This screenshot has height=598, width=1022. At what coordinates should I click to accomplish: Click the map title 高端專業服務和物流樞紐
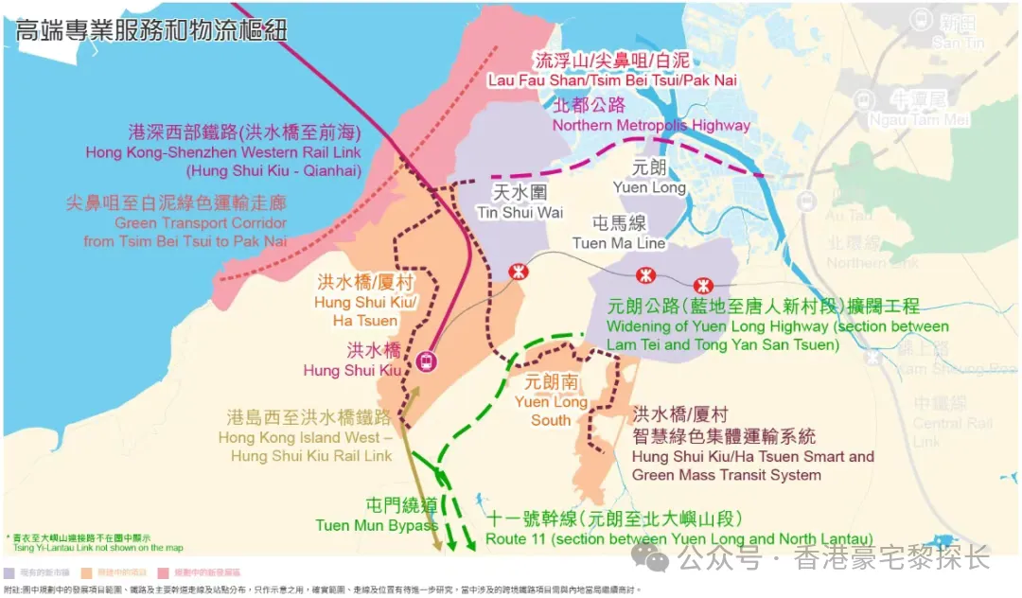151,30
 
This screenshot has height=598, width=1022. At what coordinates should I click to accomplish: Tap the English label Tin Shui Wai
520,212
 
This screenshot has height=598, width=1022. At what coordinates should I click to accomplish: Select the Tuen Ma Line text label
619,243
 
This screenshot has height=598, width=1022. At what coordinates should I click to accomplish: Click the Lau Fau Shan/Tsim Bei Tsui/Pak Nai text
611,80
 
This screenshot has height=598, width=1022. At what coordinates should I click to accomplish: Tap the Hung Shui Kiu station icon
427,360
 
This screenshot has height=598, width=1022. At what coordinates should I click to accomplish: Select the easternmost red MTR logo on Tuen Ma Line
701,286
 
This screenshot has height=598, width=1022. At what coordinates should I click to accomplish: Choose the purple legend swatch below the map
9,572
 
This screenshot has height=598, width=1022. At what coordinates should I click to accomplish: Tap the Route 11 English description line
678,538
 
